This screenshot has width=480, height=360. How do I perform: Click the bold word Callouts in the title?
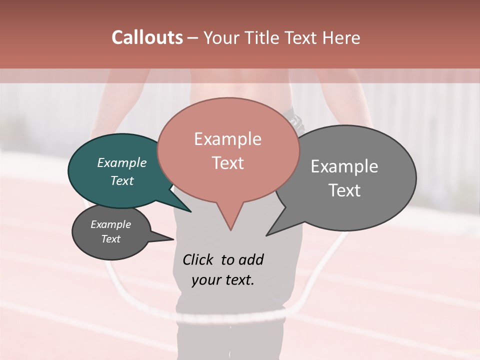tap(147, 37)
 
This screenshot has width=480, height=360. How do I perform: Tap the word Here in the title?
tap(342, 37)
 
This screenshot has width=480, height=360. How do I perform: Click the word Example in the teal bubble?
tap(121, 162)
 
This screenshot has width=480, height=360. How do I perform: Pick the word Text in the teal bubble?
tap(121, 180)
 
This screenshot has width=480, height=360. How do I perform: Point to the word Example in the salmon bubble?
tap(227, 139)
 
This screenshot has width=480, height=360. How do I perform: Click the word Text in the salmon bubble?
tap(227, 163)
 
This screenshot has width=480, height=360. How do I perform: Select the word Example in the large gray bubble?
tap(344, 166)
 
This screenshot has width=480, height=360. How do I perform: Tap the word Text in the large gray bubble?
tap(344, 190)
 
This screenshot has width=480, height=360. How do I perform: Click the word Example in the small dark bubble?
tap(110, 224)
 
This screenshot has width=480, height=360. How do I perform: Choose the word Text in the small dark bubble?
tap(110, 239)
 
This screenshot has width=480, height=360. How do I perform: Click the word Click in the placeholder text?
tap(198, 259)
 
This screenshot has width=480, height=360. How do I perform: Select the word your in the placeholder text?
tap(205, 280)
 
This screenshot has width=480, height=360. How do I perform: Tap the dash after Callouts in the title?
tap(193, 37)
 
